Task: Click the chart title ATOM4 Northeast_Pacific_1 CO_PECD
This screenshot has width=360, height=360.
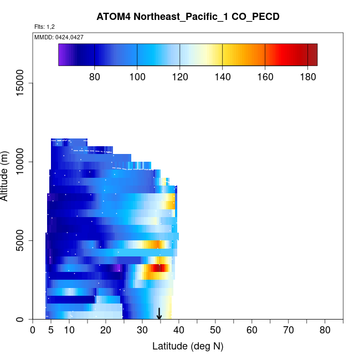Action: (x=188, y=17)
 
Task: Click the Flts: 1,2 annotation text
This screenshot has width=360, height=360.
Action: (x=45, y=27)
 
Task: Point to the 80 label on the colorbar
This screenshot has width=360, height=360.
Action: (x=95, y=76)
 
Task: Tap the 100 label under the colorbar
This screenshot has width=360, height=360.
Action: (x=137, y=76)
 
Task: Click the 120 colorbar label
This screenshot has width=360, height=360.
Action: (x=180, y=76)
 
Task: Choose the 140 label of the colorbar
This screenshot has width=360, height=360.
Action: (x=223, y=76)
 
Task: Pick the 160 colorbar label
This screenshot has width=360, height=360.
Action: (x=265, y=76)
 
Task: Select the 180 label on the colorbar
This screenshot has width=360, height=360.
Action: (x=307, y=76)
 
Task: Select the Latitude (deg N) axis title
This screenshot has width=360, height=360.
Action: (x=188, y=347)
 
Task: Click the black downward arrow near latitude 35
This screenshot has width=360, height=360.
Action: (x=160, y=315)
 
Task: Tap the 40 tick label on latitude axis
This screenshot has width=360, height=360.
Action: (x=179, y=331)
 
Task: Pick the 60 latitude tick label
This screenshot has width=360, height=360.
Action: (x=252, y=331)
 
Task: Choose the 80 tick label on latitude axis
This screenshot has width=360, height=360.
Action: (x=325, y=331)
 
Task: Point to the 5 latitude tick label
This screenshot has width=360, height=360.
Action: (x=51, y=331)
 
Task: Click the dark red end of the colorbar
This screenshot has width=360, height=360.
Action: (x=313, y=55)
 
